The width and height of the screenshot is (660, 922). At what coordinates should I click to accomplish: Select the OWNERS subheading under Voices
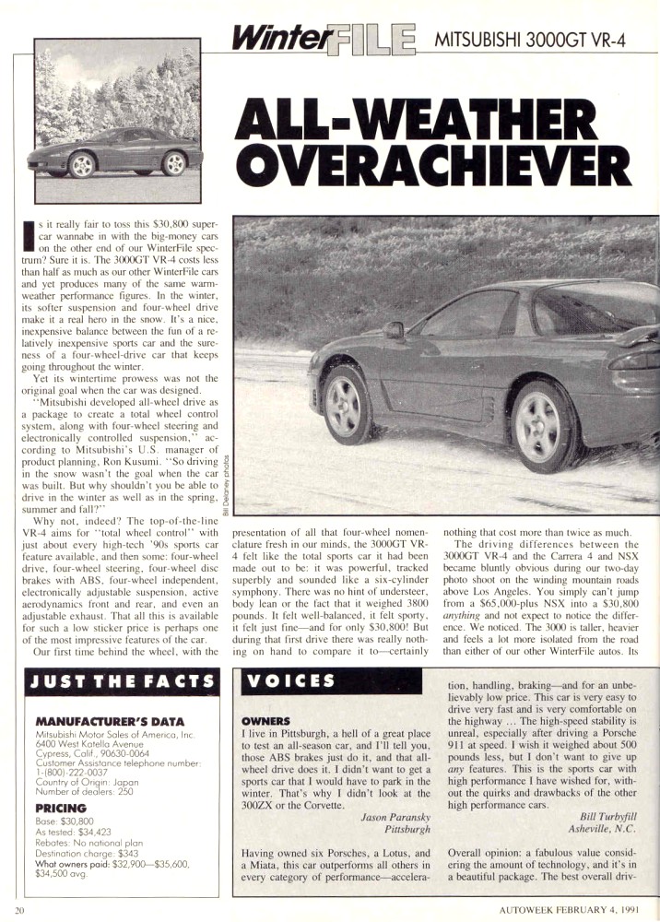[266, 720]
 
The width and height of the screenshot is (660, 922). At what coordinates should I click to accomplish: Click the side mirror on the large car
[394, 329]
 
